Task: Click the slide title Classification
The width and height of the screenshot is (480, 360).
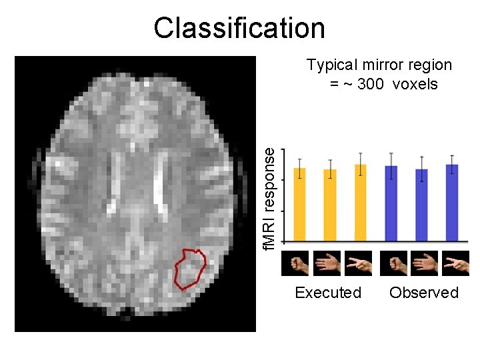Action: coord(239,28)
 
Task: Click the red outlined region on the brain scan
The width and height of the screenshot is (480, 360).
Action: coord(189,268)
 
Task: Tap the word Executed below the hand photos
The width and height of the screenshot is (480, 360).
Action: coord(328,293)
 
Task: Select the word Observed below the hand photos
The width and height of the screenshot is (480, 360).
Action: coord(424,293)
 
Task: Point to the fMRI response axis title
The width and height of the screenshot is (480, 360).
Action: coord(268,199)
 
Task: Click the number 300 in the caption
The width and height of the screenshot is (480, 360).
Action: coord(371,84)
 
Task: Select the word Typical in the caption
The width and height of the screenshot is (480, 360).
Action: coord(331,65)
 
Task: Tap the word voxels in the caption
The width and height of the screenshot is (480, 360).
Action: coord(415,84)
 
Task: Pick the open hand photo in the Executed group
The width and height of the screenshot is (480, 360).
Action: coord(327,263)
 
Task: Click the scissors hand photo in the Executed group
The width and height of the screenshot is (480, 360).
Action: coord(359,263)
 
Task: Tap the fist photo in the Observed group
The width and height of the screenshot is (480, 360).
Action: coord(393,263)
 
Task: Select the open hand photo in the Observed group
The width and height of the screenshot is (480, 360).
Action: coord(424,263)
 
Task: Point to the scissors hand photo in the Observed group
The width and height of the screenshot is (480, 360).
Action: coord(457,263)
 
